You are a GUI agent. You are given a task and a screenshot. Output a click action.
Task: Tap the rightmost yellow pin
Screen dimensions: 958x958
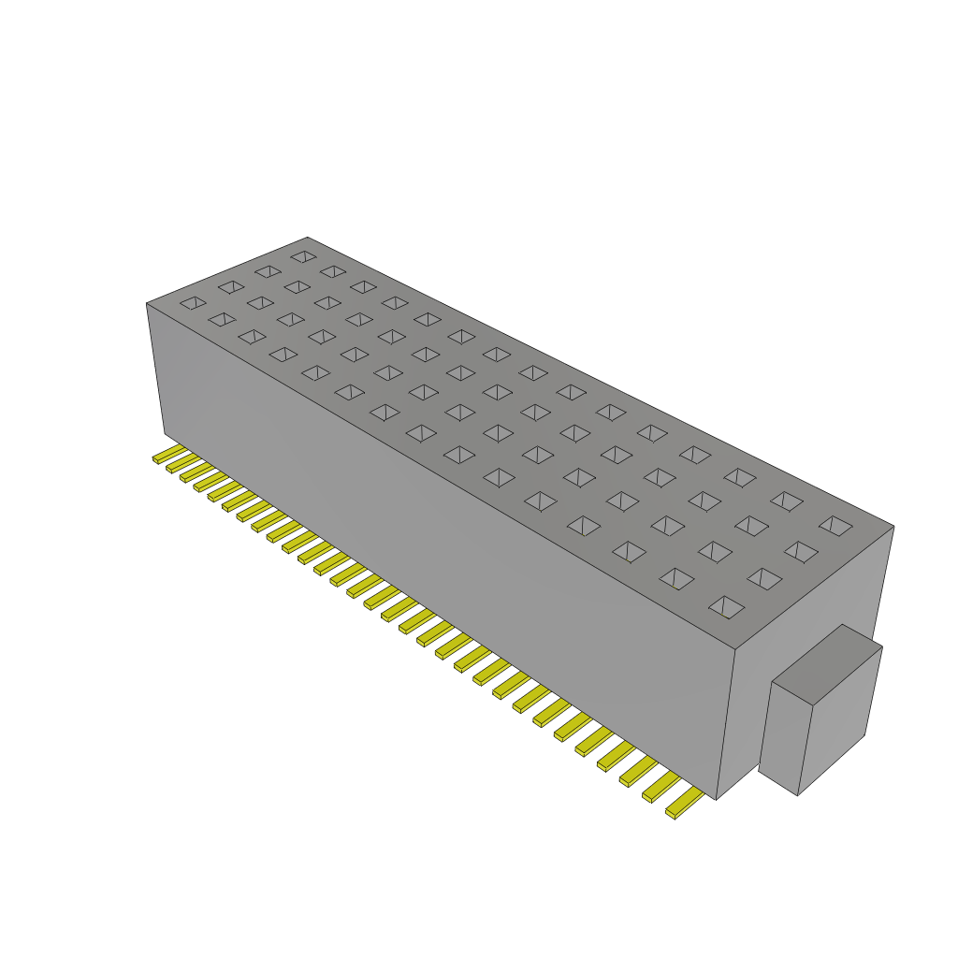tap(683, 804)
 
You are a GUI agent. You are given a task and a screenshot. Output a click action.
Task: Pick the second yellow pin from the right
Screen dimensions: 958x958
tap(660, 788)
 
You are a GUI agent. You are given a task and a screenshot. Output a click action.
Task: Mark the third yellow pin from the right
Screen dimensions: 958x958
tap(638, 772)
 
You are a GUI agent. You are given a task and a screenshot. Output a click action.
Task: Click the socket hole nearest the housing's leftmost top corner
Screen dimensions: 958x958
tap(193, 303)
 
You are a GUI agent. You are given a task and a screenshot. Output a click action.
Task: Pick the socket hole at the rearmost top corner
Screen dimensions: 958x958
tap(303, 255)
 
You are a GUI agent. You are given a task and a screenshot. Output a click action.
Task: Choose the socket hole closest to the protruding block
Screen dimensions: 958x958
tap(726, 607)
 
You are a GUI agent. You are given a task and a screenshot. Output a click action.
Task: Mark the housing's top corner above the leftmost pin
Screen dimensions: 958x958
tap(147, 303)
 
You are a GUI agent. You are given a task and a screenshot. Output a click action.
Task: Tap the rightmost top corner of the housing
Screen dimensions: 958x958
tap(893, 527)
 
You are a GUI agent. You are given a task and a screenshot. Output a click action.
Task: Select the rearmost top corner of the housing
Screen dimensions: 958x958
tap(307, 238)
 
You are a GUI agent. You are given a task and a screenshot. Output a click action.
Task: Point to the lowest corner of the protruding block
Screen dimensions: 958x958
tap(797, 795)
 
